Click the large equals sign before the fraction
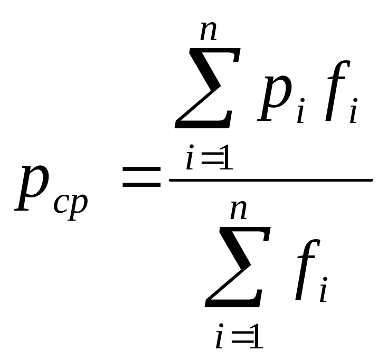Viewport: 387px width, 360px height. pyautogui.click(x=141, y=177)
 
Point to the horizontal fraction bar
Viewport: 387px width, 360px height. pyautogui.click(x=270, y=181)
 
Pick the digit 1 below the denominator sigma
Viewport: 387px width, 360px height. pyautogui.click(x=256, y=338)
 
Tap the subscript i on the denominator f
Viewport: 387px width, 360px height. pyautogui.click(x=323, y=293)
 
